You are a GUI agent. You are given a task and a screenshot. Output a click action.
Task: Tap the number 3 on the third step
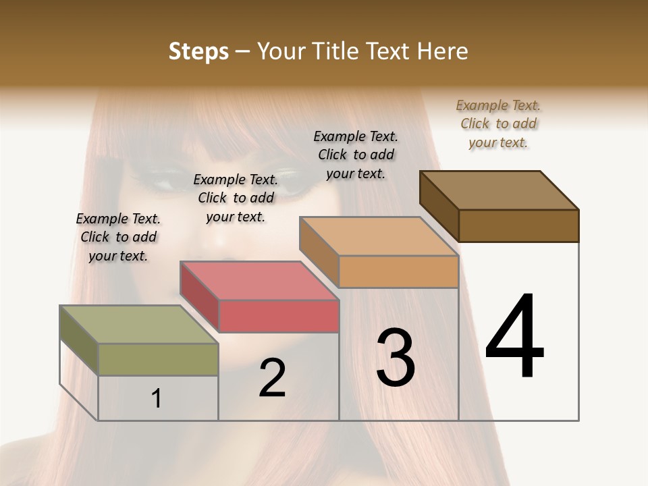point(396,357)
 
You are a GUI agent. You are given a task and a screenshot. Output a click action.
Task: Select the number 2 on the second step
point(272,378)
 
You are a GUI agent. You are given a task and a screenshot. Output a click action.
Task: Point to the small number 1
point(157,398)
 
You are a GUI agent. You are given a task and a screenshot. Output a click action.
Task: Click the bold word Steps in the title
point(198,51)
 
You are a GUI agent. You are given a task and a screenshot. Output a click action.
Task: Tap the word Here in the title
point(443,51)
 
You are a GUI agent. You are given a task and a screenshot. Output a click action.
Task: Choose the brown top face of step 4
point(500,190)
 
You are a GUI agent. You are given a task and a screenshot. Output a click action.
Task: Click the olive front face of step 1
point(158,359)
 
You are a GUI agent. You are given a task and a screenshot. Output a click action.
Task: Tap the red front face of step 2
point(278,316)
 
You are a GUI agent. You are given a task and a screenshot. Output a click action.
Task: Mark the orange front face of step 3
point(398,271)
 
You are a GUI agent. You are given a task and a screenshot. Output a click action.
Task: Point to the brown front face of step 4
point(518,225)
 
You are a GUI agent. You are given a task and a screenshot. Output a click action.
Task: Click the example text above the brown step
point(498,124)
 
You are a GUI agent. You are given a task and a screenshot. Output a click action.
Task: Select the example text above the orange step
point(356,155)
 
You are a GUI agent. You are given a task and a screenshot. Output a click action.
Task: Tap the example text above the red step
point(236,198)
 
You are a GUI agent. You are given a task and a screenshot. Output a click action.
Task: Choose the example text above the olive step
point(118,237)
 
